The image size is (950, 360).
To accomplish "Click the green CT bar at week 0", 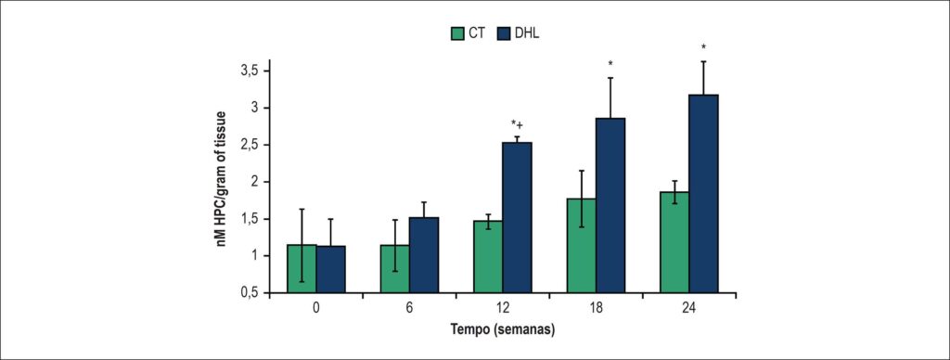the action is [302, 269].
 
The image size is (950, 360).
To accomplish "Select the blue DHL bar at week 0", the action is [331, 270].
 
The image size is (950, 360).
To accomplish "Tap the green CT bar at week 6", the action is [395, 269].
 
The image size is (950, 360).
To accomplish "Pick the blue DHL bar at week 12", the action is [518, 218].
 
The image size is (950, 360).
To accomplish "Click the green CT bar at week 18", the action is [582, 246].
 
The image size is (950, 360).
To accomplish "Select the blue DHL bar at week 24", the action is [704, 195].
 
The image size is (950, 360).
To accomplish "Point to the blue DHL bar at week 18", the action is [610, 206].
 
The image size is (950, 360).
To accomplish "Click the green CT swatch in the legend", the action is [456, 32].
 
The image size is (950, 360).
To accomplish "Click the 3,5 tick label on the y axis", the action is [250, 71].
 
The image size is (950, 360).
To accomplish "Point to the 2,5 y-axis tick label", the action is [250, 145].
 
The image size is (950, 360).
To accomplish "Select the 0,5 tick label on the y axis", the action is [250, 292].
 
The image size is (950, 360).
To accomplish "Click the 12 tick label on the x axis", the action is [503, 308].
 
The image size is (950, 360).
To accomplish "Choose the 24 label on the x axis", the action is [689, 308].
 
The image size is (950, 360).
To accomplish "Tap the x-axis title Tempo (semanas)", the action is [504, 331].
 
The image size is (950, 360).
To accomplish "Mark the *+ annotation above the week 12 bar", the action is [518, 125].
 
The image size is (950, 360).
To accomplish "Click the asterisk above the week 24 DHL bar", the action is [703, 47].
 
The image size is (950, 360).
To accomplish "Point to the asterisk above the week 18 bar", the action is [610, 64].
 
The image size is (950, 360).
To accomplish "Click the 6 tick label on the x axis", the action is [409, 308].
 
